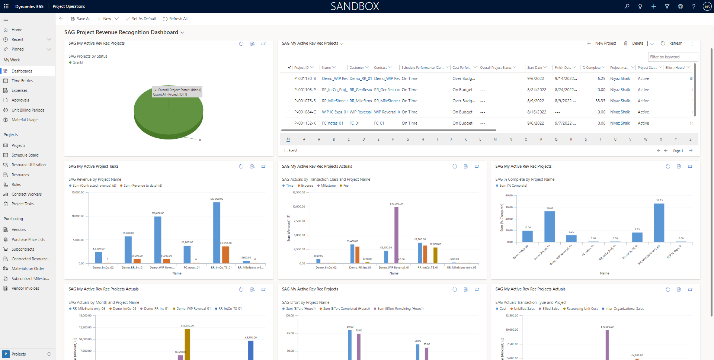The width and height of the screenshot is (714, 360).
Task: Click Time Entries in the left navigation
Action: (x=22, y=81)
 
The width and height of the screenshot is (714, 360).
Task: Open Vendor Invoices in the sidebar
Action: (x=25, y=288)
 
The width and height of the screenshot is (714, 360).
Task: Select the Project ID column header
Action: (x=301, y=68)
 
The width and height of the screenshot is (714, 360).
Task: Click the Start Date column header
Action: (x=534, y=68)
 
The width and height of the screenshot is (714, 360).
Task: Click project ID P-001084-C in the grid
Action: (x=305, y=112)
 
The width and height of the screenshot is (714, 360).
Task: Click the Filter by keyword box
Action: (x=673, y=57)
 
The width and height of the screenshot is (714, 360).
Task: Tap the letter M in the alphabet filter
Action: (x=495, y=139)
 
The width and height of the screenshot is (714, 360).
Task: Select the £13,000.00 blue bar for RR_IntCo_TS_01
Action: (x=217, y=232)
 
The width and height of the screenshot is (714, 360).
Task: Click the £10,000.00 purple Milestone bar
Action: (x=396, y=234)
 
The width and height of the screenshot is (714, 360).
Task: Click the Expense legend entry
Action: (x=307, y=186)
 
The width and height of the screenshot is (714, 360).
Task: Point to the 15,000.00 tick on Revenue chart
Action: (x=78, y=193)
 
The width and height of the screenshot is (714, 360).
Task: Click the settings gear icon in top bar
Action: (x=680, y=6)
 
